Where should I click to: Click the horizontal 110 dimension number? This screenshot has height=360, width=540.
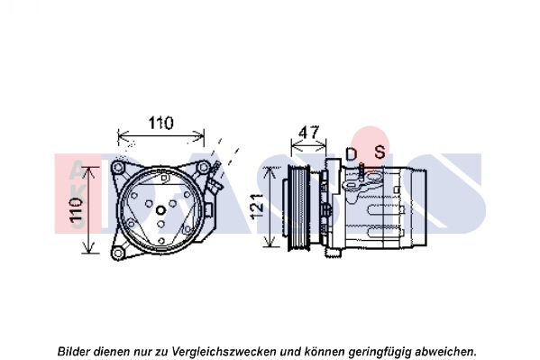click(x=160, y=123)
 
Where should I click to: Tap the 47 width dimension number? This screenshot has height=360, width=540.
click(x=309, y=133)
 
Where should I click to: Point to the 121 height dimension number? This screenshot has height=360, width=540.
click(x=257, y=207)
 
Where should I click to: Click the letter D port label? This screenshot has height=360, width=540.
click(x=351, y=154)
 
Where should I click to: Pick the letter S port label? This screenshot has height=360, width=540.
click(x=380, y=152)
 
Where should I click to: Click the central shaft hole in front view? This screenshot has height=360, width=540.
click(x=160, y=210)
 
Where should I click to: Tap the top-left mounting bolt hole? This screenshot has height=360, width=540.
click(x=118, y=168)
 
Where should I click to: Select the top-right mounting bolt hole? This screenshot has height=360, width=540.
click(x=203, y=168)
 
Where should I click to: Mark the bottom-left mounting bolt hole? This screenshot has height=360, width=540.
click(x=118, y=254)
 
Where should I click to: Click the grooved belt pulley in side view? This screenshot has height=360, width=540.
click(x=297, y=207)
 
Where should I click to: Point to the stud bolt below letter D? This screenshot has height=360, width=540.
click(x=361, y=171)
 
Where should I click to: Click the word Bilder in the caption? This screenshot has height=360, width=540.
click(x=74, y=351)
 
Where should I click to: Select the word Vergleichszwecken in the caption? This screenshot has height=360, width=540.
click(x=224, y=351)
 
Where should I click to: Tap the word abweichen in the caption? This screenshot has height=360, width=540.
click(x=446, y=351)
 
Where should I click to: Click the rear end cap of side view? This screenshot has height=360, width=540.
click(x=417, y=207)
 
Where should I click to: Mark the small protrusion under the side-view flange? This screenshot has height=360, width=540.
click(x=334, y=253)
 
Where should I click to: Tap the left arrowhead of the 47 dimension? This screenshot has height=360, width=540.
click(x=294, y=143)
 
